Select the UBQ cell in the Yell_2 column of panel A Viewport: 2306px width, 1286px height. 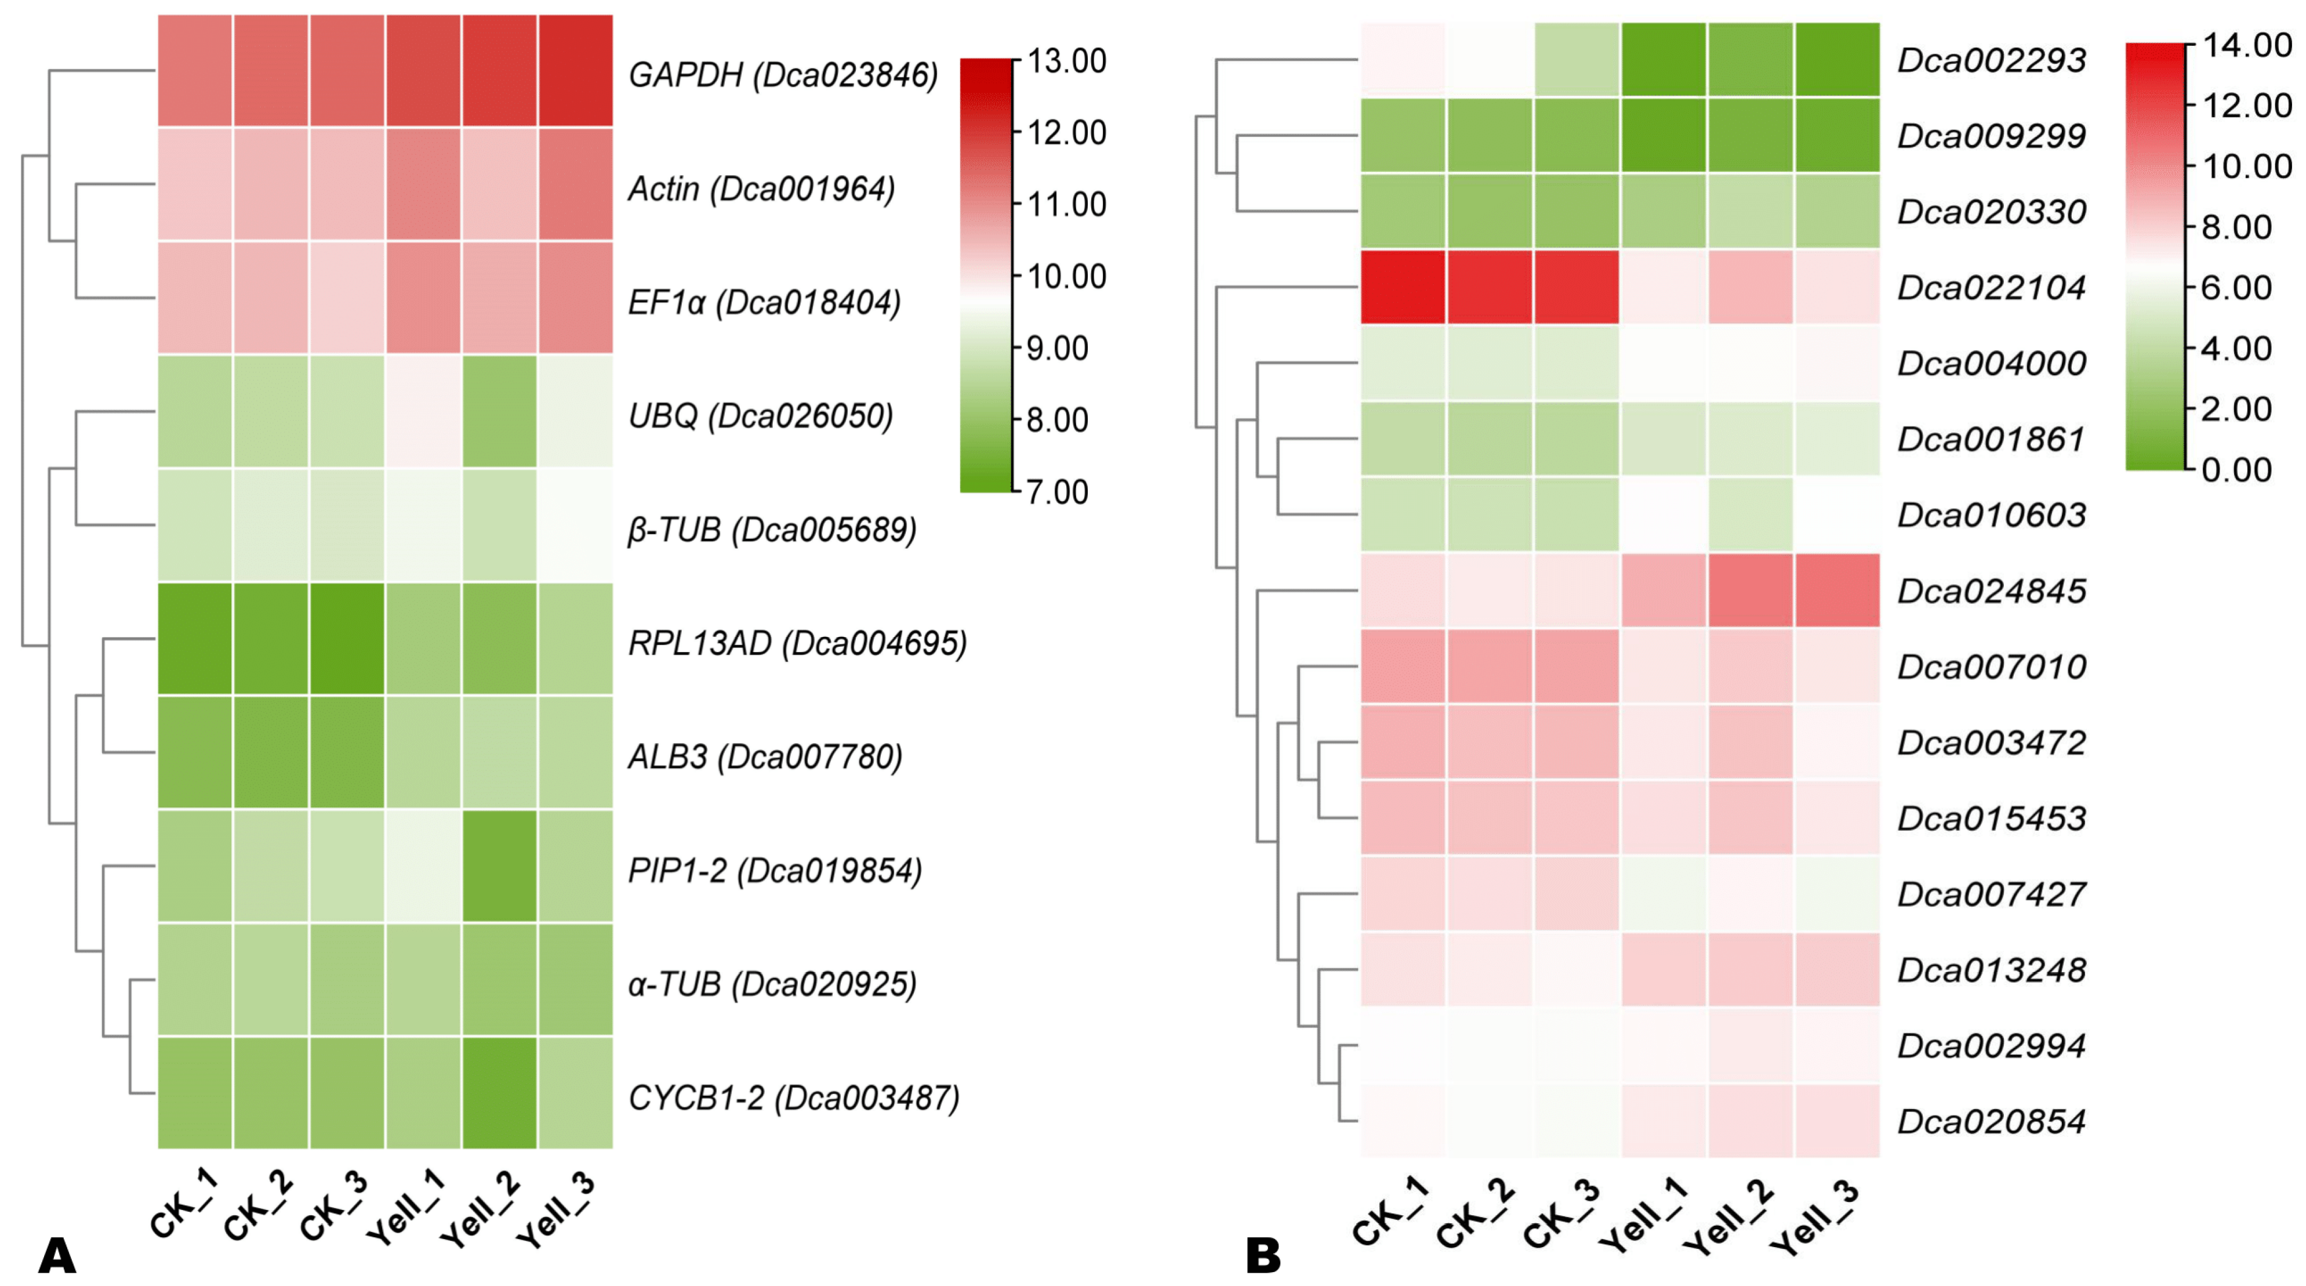click(x=499, y=412)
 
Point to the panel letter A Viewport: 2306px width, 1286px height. click(x=56, y=1256)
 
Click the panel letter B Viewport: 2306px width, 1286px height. click(x=1263, y=1256)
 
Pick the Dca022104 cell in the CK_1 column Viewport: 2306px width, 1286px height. click(x=1403, y=287)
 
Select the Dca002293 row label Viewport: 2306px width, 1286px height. click(x=1992, y=60)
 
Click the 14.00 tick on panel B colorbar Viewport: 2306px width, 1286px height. click(x=2246, y=45)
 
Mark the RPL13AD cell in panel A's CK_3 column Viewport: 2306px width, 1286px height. click(x=347, y=639)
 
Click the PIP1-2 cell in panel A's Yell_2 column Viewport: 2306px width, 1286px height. click(x=499, y=866)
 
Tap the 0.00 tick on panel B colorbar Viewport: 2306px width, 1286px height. click(x=2235, y=469)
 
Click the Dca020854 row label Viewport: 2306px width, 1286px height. click(x=1992, y=1121)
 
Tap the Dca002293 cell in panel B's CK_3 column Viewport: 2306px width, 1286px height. click(x=1577, y=59)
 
